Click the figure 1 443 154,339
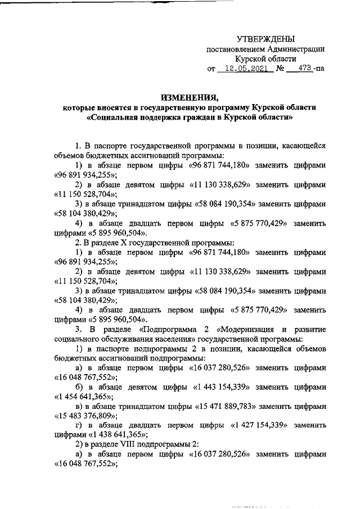[224, 388]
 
